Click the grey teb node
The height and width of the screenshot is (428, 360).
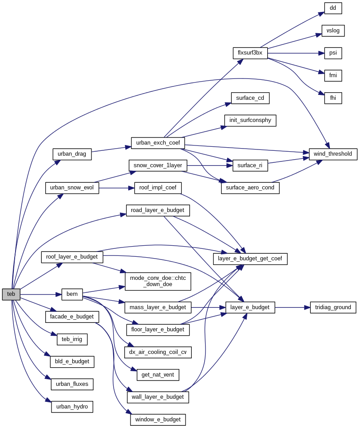pyautogui.click(x=11, y=294)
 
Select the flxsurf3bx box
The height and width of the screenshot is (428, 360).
pyautogui.click(x=250, y=53)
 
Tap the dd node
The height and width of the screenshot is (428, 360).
pyautogui.click(x=333, y=8)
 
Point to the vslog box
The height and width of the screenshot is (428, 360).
pyautogui.click(x=333, y=31)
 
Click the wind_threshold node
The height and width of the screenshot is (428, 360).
pyautogui.click(x=333, y=154)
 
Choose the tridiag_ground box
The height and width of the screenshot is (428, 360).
pyautogui.click(x=333, y=307)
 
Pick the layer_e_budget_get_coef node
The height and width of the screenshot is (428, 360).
pyautogui.click(x=250, y=259)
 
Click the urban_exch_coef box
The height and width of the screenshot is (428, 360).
pyautogui.click(x=158, y=143)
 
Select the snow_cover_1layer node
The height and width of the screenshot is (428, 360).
pyautogui.click(x=158, y=165)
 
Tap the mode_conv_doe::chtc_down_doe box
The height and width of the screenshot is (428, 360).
pyautogui.click(x=158, y=281)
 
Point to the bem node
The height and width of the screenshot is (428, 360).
pyautogui.click(x=72, y=294)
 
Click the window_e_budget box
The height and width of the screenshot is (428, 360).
pyautogui.click(x=158, y=419)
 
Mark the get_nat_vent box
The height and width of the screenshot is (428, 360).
pyautogui.click(x=158, y=375)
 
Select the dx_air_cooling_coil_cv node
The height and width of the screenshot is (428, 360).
pyautogui.click(x=158, y=353)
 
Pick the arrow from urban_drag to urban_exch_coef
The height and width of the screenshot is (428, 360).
pyautogui.click(x=111, y=149)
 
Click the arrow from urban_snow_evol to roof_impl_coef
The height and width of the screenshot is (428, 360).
pyautogui.click(x=116, y=188)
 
